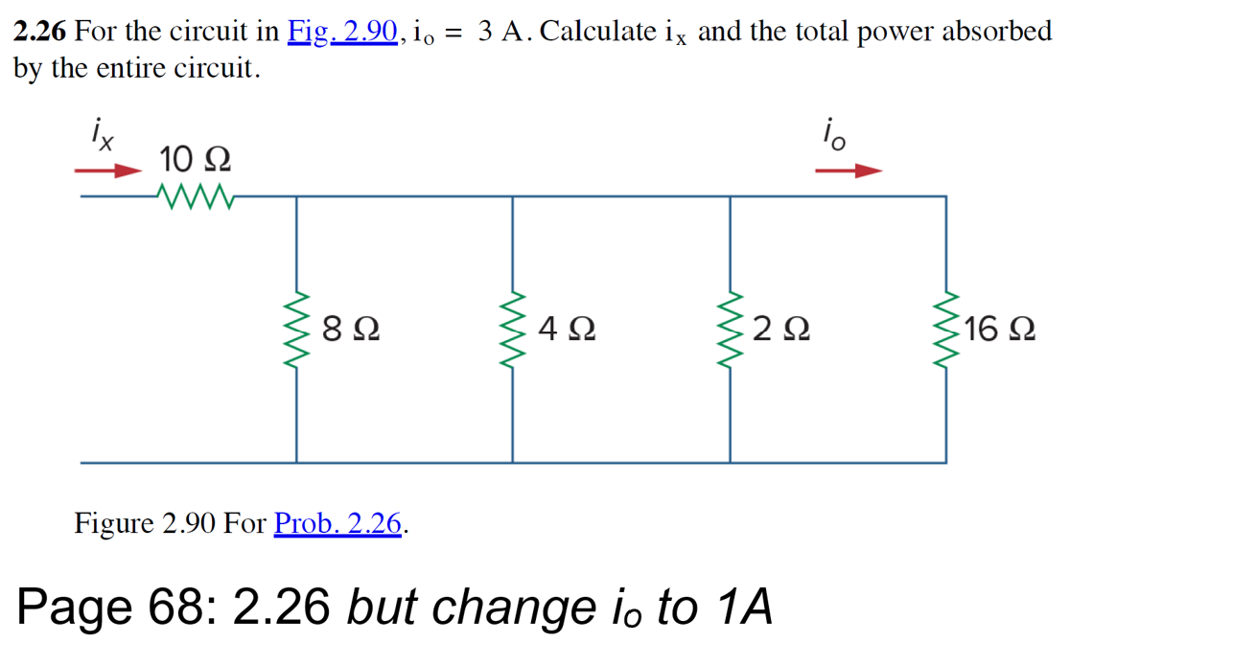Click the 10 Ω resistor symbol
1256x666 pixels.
[196, 195]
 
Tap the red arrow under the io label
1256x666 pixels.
[849, 172]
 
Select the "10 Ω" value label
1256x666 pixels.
[195, 158]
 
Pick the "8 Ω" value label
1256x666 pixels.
[350, 331]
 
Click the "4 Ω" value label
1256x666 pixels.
[567, 331]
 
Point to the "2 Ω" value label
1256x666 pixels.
[781, 331]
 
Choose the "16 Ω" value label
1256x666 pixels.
[999, 331]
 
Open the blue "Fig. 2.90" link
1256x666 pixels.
[342, 32]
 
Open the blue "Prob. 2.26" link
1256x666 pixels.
[337, 524]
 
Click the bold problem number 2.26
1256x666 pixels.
[39, 32]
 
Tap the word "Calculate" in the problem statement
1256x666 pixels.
[598, 32]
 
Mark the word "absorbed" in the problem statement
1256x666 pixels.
[996, 32]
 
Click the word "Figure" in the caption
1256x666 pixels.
[114, 524]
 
